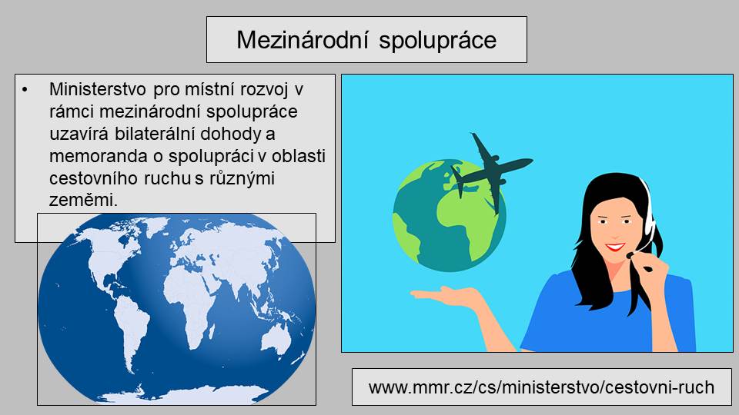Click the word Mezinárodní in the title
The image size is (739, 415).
302,39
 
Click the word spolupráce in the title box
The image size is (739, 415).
437,41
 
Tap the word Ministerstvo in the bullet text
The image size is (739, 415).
98,89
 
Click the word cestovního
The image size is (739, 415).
93,178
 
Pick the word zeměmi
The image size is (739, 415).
83,201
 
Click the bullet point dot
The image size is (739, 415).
25,89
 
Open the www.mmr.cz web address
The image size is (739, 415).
541,387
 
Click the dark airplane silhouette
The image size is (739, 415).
492,171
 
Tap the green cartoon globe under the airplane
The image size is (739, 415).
449,215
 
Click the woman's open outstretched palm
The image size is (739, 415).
443,294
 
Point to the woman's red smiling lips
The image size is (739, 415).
615,247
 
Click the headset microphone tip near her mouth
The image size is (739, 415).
630,255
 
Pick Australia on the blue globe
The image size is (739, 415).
276,340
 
